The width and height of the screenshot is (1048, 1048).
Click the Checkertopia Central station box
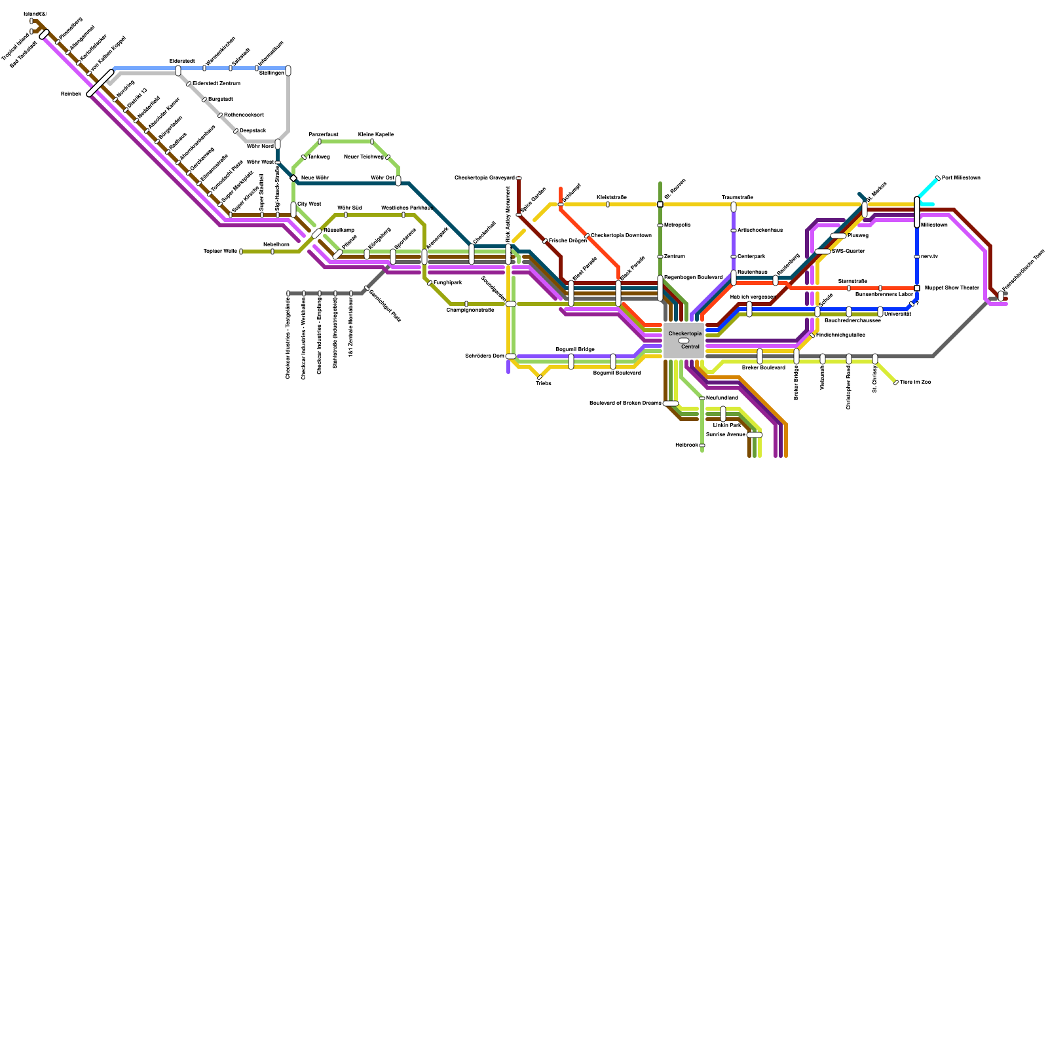coord(684,341)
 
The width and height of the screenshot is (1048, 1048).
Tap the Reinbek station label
coord(71,94)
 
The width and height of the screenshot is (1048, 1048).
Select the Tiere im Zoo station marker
coord(896,383)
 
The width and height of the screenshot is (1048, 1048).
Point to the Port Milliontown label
coord(961,178)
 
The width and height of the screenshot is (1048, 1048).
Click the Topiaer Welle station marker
coord(241,252)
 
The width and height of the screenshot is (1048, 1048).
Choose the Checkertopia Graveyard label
coord(484,178)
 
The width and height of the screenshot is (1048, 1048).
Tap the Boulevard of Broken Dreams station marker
coord(671,403)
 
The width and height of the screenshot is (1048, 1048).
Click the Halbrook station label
coord(686,445)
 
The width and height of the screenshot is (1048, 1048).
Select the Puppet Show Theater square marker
coord(917,288)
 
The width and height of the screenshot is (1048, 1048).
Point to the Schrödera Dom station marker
coord(511,356)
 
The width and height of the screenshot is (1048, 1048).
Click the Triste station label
coord(544,383)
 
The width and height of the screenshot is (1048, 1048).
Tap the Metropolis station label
coord(677,225)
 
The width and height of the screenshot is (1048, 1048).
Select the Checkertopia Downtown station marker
coord(587,236)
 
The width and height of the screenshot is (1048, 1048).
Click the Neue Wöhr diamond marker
coord(293,178)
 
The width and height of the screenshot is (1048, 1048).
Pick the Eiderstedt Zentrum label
coord(216,83)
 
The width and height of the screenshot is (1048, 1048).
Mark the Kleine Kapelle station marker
coord(372,141)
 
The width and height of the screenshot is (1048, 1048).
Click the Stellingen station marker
coord(288,71)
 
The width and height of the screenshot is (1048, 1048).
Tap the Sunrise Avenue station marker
coord(755,435)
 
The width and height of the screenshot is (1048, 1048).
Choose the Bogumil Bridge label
coord(575,349)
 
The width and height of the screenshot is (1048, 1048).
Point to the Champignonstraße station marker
coord(466,304)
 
